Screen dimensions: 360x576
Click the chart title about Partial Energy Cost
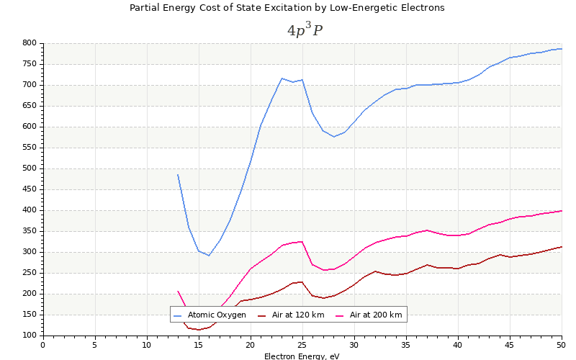tap(287, 8)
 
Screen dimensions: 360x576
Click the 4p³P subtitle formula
tap(305, 30)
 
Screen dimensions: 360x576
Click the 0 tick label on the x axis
tap(43, 345)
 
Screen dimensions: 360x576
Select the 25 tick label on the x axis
tap(302, 345)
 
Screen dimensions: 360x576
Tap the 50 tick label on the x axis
tap(561, 345)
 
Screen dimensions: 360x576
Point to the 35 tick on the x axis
tap(406, 345)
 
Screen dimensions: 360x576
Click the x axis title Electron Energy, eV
tap(302, 356)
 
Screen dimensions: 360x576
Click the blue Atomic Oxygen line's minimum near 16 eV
tap(209, 256)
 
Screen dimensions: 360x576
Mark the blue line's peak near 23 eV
tap(282, 78)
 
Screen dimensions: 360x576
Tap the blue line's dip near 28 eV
tap(333, 137)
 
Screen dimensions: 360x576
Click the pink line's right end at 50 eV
tap(562, 211)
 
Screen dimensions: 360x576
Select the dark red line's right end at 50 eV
tap(562, 246)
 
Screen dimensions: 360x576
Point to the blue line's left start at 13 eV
tap(178, 174)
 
